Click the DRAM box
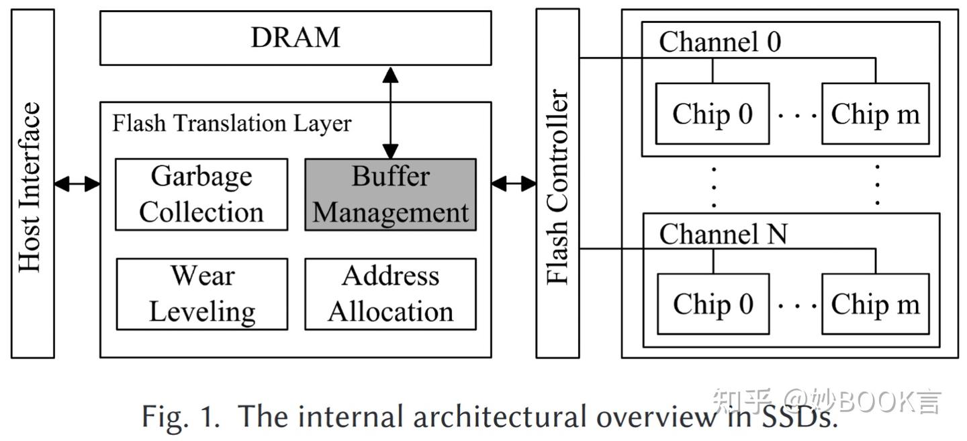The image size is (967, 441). tap(295, 38)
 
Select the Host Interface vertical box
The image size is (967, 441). tap(32, 183)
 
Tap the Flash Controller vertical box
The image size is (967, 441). tap(557, 183)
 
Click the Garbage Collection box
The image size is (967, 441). tap(201, 194)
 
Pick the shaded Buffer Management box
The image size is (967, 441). tap(391, 194)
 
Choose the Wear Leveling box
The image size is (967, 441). tap(202, 294)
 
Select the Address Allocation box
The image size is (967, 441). tap(391, 294)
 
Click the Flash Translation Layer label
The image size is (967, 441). tap(232, 124)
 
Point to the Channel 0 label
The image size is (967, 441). tap(720, 42)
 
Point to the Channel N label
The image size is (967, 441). tap(723, 234)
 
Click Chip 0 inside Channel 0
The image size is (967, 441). tap(712, 114)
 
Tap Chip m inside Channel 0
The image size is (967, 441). tap(875, 114)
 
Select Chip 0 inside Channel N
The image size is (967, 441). tap(712, 304)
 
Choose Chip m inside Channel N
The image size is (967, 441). tap(875, 304)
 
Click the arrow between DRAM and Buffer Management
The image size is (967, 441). tap(390, 112)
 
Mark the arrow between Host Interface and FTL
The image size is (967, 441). tap(77, 183)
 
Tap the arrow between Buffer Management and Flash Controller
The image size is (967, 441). tap(514, 183)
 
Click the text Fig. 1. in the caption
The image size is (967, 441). tap(181, 416)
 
